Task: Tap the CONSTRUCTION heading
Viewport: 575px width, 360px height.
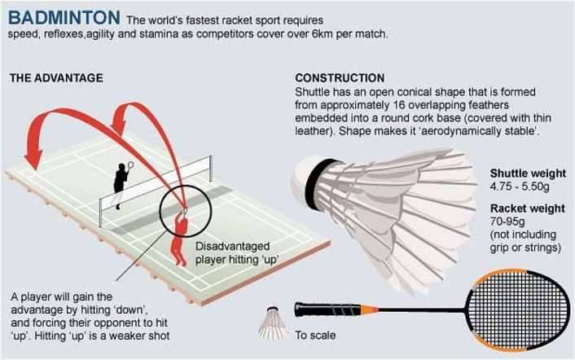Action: click(340, 78)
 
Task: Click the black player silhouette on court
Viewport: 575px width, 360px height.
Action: click(120, 184)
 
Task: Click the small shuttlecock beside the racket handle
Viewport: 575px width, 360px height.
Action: click(272, 321)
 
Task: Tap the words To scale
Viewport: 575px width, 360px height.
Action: click(314, 334)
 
